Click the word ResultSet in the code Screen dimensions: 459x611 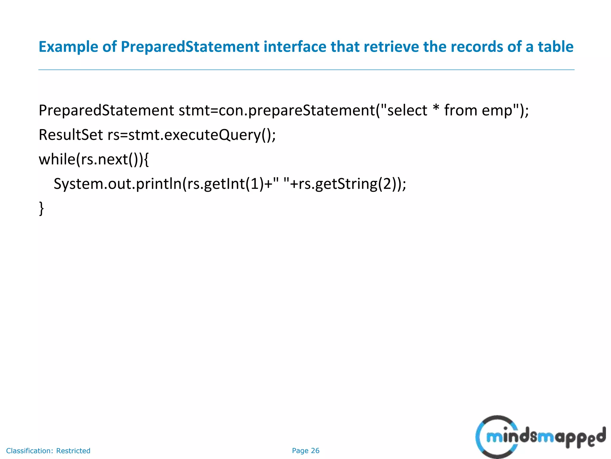pos(71,135)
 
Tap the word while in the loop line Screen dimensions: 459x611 pos(57,159)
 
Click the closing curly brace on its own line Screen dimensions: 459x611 pos(41,208)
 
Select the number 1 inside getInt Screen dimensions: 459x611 pos(255,184)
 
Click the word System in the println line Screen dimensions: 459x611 pos(78,184)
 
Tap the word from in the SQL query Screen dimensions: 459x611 pos(461,110)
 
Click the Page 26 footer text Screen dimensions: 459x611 pos(305,451)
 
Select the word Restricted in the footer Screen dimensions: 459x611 pos(73,451)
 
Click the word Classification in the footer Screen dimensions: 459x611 pos(29,451)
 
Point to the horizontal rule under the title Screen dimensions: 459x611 pos(306,70)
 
